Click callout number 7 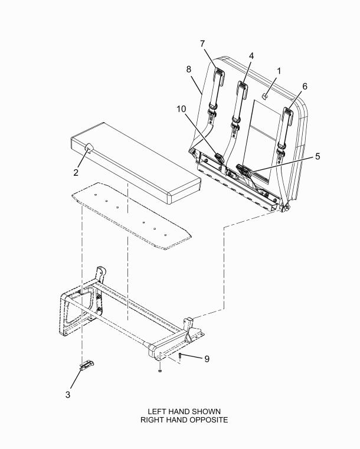202,44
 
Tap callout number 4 251,56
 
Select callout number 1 279,71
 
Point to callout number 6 305,86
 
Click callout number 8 188,69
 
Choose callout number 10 181,109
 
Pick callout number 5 318,156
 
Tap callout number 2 76,172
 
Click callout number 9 207,359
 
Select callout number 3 68,395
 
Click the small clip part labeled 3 87,365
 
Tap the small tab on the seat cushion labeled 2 89,149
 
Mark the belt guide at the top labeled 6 288,116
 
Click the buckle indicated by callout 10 218,158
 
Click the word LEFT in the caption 156,412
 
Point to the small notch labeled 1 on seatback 265,96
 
